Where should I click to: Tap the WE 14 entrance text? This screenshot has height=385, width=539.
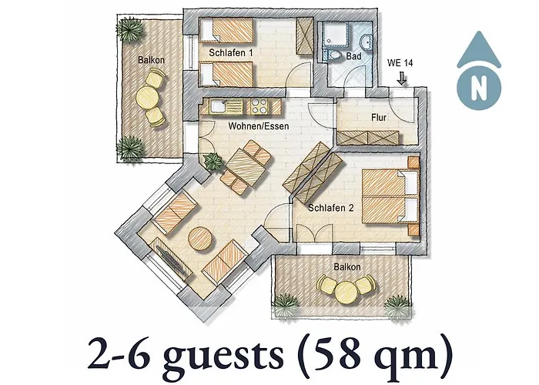tap(400, 62)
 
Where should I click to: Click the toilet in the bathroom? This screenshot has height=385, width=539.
tap(334, 56)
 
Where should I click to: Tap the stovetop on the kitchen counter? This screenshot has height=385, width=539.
tap(258, 106)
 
